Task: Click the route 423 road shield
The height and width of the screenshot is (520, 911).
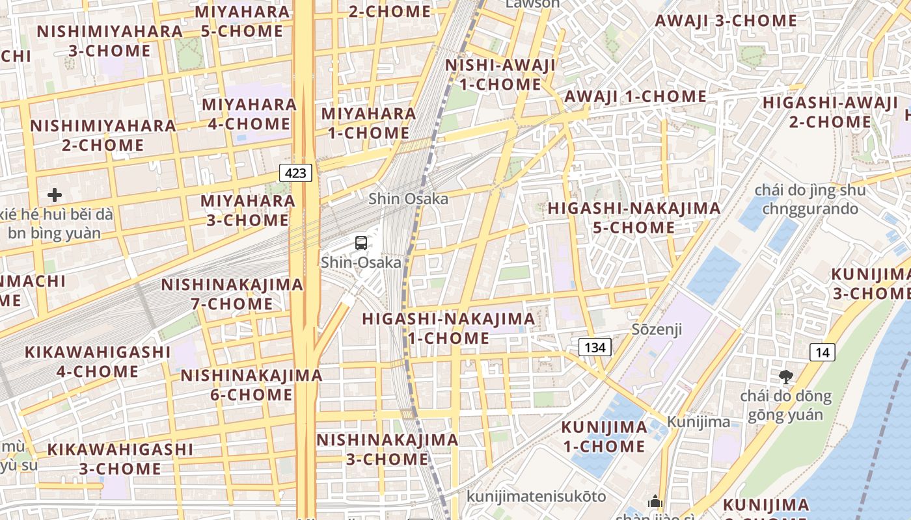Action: tap(296, 173)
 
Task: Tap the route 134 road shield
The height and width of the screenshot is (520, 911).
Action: tap(595, 347)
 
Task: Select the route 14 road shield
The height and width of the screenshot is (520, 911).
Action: tap(823, 352)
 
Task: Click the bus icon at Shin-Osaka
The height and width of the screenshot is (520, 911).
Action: tap(361, 243)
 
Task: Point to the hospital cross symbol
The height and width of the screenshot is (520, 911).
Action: tap(55, 194)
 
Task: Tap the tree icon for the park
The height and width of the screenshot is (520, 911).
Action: tap(786, 376)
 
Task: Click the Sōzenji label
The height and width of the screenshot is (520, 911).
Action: tap(657, 329)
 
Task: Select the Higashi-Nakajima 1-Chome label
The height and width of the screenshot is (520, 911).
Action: tap(448, 328)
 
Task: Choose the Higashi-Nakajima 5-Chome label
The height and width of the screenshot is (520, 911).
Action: tap(634, 218)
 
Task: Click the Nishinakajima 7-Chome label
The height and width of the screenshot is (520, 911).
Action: tap(232, 294)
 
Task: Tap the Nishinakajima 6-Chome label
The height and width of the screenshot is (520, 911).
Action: tap(251, 385)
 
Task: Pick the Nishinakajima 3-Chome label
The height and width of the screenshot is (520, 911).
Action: tap(387, 449)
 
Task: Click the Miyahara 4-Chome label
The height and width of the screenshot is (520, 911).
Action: tap(249, 114)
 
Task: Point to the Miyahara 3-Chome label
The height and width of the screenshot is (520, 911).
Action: tap(248, 210)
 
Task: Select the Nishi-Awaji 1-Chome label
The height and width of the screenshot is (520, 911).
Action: tap(500, 75)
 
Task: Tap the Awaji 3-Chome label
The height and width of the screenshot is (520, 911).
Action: tap(726, 20)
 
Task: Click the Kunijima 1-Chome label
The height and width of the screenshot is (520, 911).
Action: tap(605, 437)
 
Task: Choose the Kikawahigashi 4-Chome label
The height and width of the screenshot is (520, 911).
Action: tap(98, 361)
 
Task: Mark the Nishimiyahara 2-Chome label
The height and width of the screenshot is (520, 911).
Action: tap(103, 135)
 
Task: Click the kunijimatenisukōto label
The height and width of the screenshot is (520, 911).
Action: tap(536, 497)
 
